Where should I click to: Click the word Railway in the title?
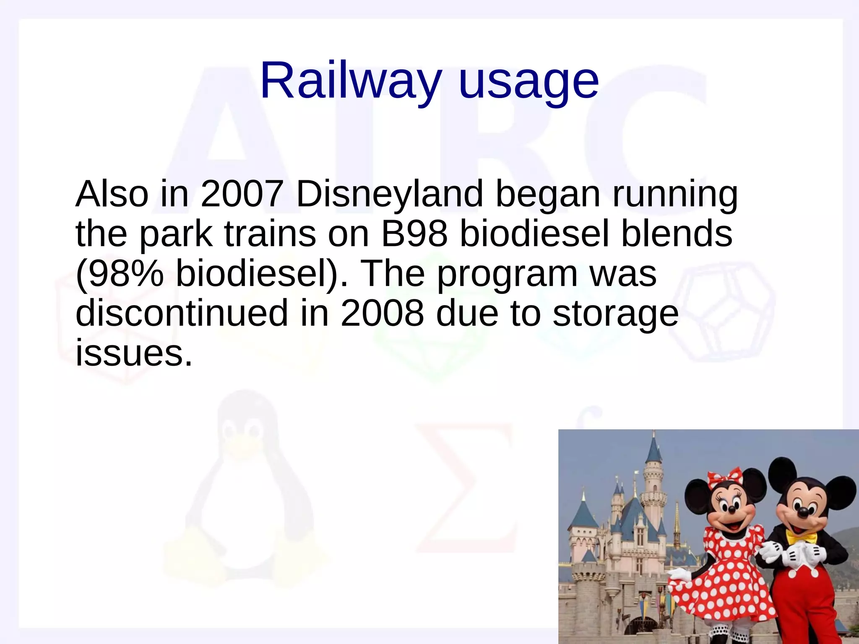(x=351, y=80)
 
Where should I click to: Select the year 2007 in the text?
(x=242, y=194)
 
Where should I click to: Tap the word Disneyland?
(x=390, y=195)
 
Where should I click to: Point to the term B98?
(x=414, y=234)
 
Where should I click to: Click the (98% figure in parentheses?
(x=120, y=274)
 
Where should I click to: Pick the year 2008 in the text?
(x=382, y=314)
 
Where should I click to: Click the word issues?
(x=133, y=353)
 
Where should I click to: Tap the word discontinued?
(x=182, y=314)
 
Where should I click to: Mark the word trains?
(x=270, y=234)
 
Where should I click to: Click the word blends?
(x=677, y=234)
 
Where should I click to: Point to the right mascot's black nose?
(x=802, y=512)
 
